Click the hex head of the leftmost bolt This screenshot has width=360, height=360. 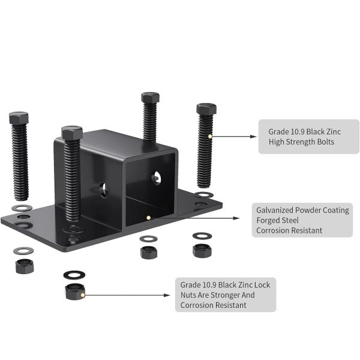click(x=19, y=118)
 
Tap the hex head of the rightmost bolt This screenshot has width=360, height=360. click(x=206, y=109)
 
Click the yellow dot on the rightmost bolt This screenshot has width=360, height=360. click(x=210, y=136)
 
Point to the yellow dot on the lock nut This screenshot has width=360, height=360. click(x=83, y=295)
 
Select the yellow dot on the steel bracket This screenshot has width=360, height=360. click(x=149, y=217)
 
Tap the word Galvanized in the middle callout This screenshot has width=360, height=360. click(x=275, y=211)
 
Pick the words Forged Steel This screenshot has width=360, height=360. click(x=277, y=220)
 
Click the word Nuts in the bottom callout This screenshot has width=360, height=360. click(x=188, y=295)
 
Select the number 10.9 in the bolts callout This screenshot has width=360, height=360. click(x=298, y=132)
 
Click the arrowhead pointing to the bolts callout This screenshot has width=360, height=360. click(x=253, y=137)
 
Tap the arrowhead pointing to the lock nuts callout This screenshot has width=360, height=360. click(x=167, y=295)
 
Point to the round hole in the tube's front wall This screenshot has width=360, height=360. click(x=104, y=190)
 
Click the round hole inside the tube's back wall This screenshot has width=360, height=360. click(x=156, y=178)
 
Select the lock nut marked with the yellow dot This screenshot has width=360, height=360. click(x=75, y=292)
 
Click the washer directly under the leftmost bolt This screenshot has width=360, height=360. click(x=22, y=208)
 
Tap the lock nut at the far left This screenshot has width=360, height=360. click(x=25, y=266)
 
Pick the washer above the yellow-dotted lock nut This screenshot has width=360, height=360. click(x=74, y=275)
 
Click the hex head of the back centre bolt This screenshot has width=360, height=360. click(x=150, y=98)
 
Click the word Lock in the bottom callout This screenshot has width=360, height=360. click(x=262, y=285)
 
